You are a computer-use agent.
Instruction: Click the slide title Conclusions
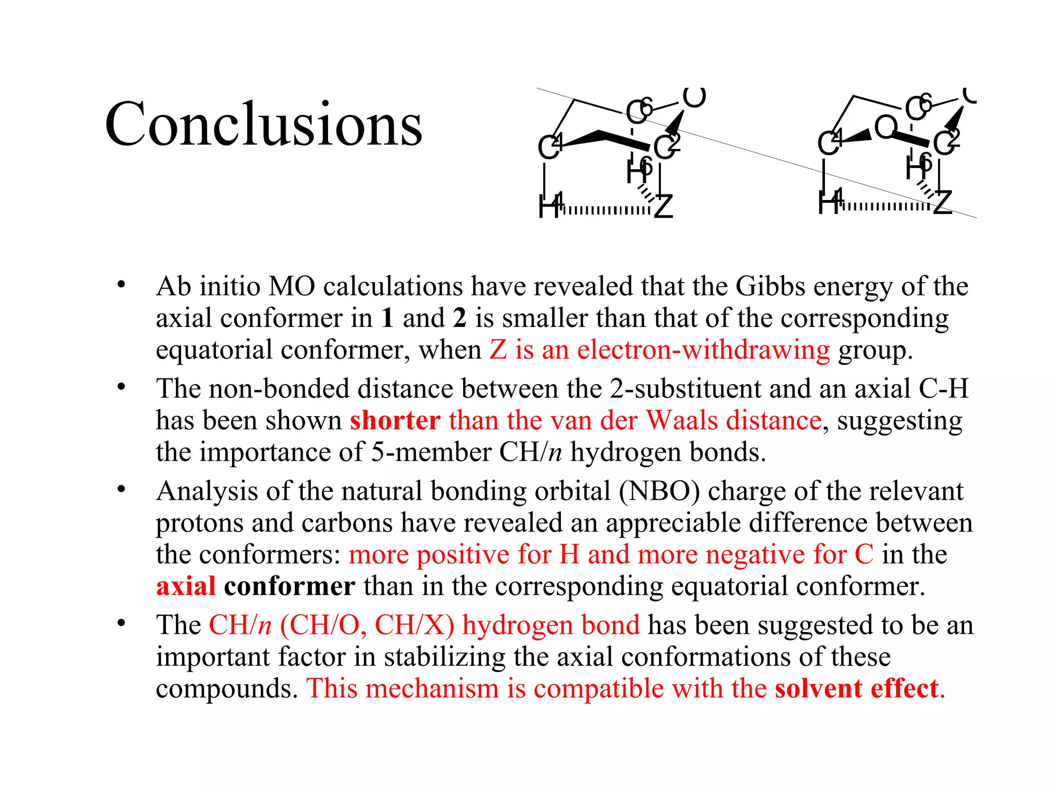click(x=263, y=124)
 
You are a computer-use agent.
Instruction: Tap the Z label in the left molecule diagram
click(x=663, y=207)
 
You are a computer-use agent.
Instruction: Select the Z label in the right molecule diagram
click(x=943, y=202)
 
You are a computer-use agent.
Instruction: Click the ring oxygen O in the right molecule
click(x=885, y=127)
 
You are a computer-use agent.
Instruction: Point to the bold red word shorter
click(x=395, y=420)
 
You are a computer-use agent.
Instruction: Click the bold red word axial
click(x=186, y=586)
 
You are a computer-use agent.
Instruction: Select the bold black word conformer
click(x=289, y=586)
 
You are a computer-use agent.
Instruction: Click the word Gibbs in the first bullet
click(x=770, y=286)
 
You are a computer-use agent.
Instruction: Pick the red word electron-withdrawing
click(x=703, y=350)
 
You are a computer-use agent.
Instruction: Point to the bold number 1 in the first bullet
click(x=387, y=318)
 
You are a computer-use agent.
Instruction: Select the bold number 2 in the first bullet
click(x=460, y=318)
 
